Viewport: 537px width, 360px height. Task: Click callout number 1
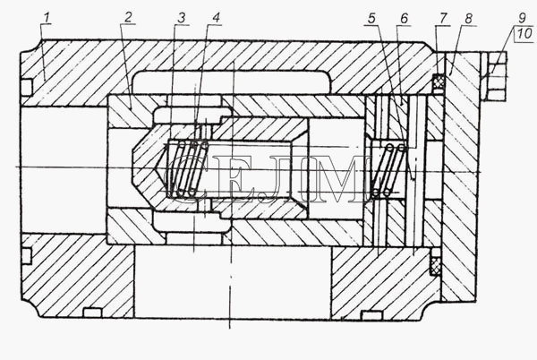pos(47,18)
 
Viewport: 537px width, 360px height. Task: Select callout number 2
pos(128,17)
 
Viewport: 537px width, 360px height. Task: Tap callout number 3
pos(181,18)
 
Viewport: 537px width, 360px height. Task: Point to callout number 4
pos(216,18)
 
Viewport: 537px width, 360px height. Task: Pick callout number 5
pos(372,19)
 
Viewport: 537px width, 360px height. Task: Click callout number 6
pos(405,19)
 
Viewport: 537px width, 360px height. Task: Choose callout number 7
pos(444,18)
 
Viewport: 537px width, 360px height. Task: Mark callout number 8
pos(468,18)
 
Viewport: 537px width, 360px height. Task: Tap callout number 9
pos(522,17)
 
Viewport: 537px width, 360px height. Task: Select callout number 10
pos(524,33)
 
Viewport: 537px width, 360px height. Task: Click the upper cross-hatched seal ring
pos(438,81)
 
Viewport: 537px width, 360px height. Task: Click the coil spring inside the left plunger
pos(187,169)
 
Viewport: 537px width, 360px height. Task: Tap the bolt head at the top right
pos(494,77)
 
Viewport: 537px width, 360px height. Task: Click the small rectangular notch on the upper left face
pos(27,87)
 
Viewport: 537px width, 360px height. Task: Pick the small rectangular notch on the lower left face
pos(27,256)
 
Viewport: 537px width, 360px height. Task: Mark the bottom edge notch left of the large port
pos(92,313)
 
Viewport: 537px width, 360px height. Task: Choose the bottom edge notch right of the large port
pos(371,315)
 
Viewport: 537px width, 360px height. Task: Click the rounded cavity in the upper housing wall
pos(232,81)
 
